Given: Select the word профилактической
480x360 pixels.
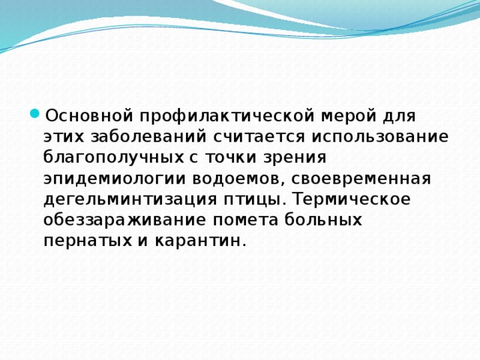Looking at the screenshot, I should click(220, 116).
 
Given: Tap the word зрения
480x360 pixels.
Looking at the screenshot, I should click(298, 158).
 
